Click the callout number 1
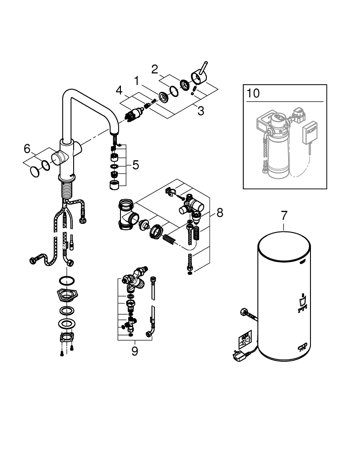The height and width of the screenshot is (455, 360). pyautogui.click(x=136, y=81)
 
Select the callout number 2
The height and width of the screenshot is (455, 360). pyautogui.click(x=155, y=70)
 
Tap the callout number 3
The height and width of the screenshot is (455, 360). pyautogui.click(x=201, y=110)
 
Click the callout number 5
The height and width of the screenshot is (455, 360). pyautogui.click(x=135, y=165)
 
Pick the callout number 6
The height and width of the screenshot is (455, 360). pyautogui.click(x=27, y=148)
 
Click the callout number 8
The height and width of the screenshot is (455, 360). pyautogui.click(x=220, y=212)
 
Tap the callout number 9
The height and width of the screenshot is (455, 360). pyautogui.click(x=135, y=351)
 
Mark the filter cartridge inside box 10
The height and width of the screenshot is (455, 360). pyautogui.click(x=277, y=150)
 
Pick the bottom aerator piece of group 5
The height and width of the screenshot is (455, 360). pyautogui.click(x=115, y=184)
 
